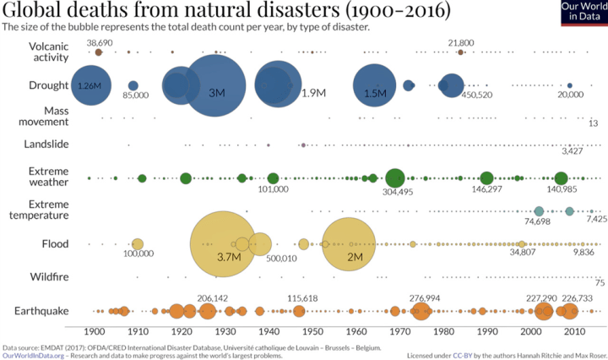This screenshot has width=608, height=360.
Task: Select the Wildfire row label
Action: [x=49, y=277]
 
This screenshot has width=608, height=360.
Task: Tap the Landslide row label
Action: [x=46, y=145]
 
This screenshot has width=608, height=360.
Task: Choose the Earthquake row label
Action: [x=41, y=311]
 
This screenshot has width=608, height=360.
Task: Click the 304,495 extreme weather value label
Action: [x=397, y=192]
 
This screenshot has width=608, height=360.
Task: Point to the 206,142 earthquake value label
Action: [x=213, y=298]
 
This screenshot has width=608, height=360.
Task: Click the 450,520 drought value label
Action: [x=475, y=96]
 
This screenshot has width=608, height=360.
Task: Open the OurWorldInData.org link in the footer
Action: [x=34, y=355]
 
